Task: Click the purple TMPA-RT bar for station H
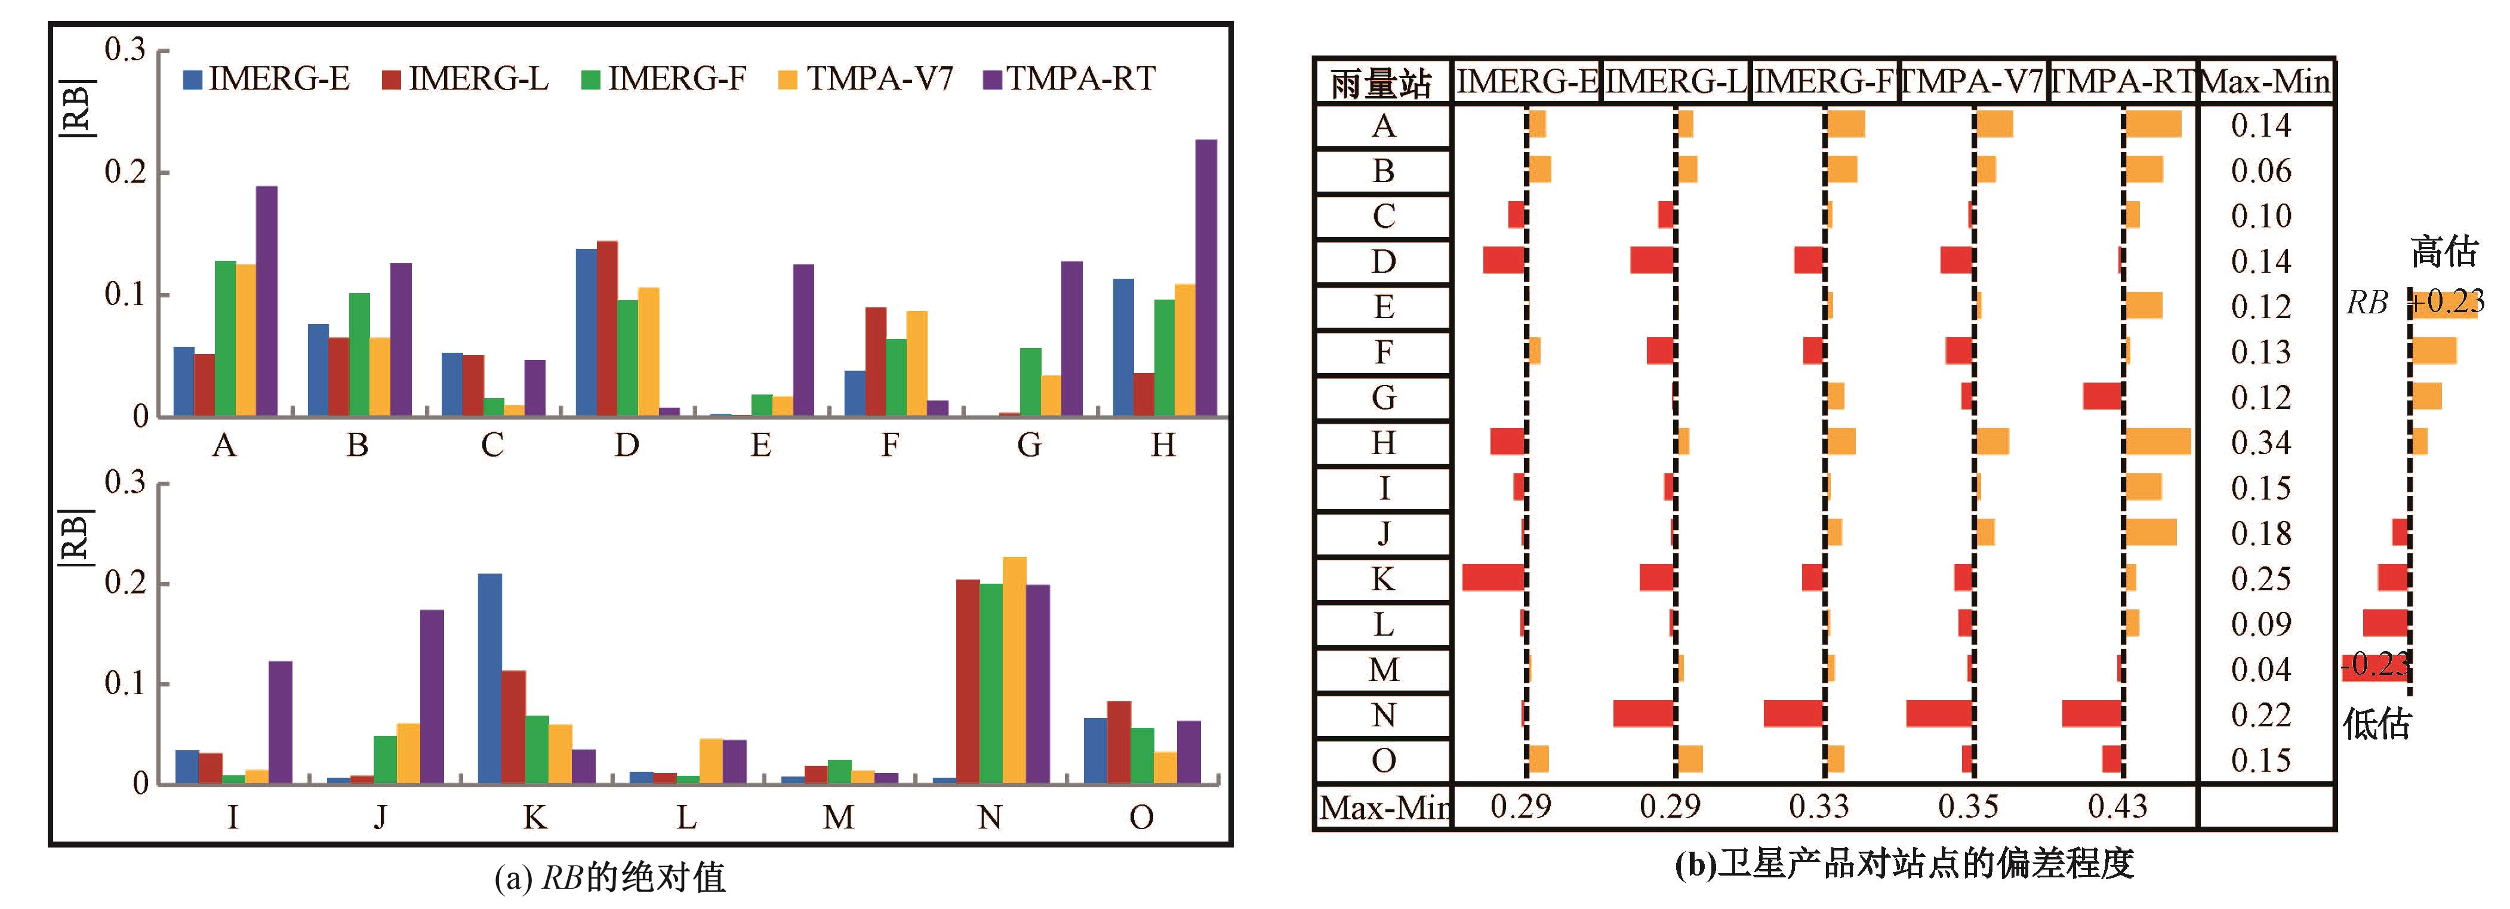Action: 1205,278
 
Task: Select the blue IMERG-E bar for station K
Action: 490,678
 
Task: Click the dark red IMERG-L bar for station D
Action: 607,328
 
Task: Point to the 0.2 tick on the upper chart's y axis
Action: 125,172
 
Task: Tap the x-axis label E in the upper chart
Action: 761,445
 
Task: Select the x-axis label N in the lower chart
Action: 989,816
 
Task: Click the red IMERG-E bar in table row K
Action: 1493,578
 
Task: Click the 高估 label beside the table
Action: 2444,251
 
